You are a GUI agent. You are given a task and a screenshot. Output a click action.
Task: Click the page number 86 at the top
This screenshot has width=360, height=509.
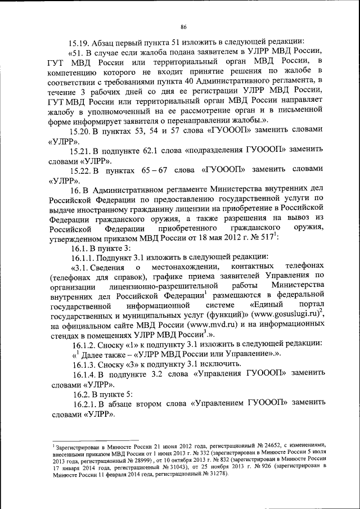pos(183,26)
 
